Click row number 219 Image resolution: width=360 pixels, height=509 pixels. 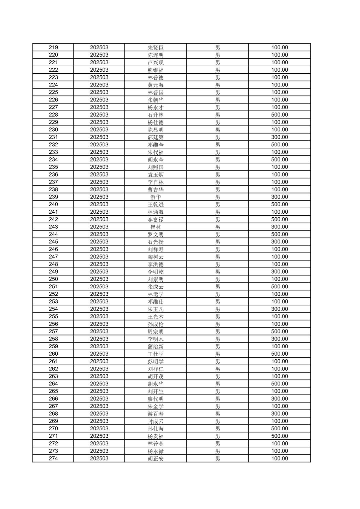click(53, 48)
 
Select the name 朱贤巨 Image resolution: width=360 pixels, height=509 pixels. click(156, 48)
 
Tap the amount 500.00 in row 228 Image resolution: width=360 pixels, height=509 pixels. click(280, 115)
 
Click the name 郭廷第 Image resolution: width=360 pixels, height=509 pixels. click(156, 137)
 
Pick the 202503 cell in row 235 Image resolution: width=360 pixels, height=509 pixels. click(99, 167)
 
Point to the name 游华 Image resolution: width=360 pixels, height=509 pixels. click(156, 197)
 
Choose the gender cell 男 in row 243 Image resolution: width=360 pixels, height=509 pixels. click(218, 227)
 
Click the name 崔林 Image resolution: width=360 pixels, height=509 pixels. click(156, 227)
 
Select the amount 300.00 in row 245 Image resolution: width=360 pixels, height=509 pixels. click(280, 242)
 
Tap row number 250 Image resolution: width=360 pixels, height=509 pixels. click(53, 279)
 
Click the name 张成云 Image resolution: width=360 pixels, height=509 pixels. click(156, 287)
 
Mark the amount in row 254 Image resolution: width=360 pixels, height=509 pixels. click(280, 309)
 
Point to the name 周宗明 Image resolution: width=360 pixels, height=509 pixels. click(156, 332)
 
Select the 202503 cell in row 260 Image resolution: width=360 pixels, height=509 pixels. click(99, 354)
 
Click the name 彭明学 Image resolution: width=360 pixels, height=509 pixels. click(156, 361)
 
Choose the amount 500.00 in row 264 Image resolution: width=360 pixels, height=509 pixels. click(280, 384)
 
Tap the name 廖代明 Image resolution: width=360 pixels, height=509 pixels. click(156, 399)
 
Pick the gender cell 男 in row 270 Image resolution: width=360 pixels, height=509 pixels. click(218, 429)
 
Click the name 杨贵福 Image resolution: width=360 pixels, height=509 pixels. click(156, 436)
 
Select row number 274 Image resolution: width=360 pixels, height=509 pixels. click(53, 458)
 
